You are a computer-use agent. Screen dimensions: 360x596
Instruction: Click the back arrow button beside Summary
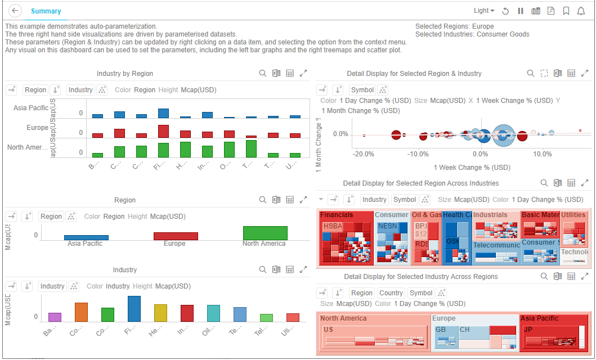15,11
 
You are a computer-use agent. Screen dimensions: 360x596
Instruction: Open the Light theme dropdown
484,11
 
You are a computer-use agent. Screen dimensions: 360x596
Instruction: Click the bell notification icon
581,11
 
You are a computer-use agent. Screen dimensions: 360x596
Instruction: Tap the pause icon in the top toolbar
521,11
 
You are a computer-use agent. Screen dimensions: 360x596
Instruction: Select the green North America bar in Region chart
265,233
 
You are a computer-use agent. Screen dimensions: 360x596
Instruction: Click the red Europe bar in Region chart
176,236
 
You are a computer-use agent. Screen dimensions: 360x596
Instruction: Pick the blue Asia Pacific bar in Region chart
86,237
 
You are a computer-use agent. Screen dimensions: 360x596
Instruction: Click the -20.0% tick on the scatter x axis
364,154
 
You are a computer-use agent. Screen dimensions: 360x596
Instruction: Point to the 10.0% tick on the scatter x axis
543,154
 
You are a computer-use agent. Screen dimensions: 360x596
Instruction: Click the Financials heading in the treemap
337,215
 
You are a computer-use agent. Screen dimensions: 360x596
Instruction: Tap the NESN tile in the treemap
387,226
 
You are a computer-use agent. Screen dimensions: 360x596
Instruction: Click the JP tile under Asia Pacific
528,330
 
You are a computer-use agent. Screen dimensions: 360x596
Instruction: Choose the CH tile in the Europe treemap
465,330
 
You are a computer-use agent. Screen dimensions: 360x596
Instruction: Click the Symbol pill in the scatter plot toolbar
362,89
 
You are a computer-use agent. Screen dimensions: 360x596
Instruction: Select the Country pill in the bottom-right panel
391,293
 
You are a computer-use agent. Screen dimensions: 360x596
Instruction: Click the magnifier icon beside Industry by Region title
263,74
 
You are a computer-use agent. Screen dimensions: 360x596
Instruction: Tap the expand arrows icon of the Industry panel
303,270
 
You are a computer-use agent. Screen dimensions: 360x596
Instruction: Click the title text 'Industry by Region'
124,74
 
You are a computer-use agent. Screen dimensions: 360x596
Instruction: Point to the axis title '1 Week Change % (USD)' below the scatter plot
472,168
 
